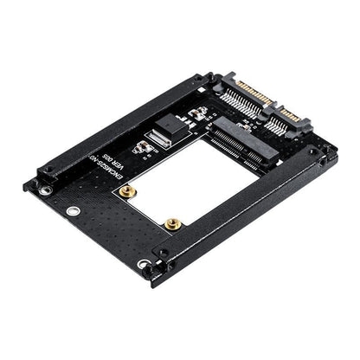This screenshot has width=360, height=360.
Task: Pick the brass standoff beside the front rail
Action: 174,222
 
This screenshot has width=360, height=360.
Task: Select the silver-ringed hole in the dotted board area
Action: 74,210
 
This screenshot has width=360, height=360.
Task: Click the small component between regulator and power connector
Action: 196,112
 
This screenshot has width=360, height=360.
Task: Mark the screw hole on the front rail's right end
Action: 322,160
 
